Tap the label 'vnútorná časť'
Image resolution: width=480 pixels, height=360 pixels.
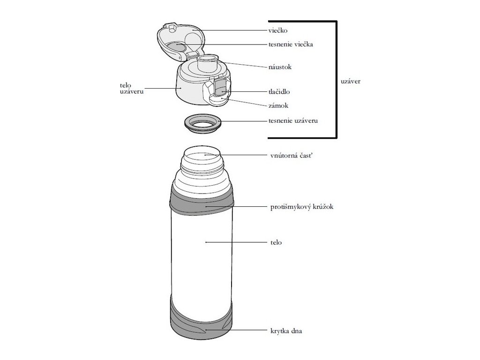(291, 155)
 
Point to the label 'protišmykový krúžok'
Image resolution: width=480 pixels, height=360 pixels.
(302, 207)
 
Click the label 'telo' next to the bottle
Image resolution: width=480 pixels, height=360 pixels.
(276, 243)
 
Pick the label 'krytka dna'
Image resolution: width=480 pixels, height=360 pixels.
(286, 331)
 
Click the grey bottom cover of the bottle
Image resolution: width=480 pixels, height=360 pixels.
(202, 323)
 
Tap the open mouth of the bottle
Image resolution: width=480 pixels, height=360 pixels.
(202, 155)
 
